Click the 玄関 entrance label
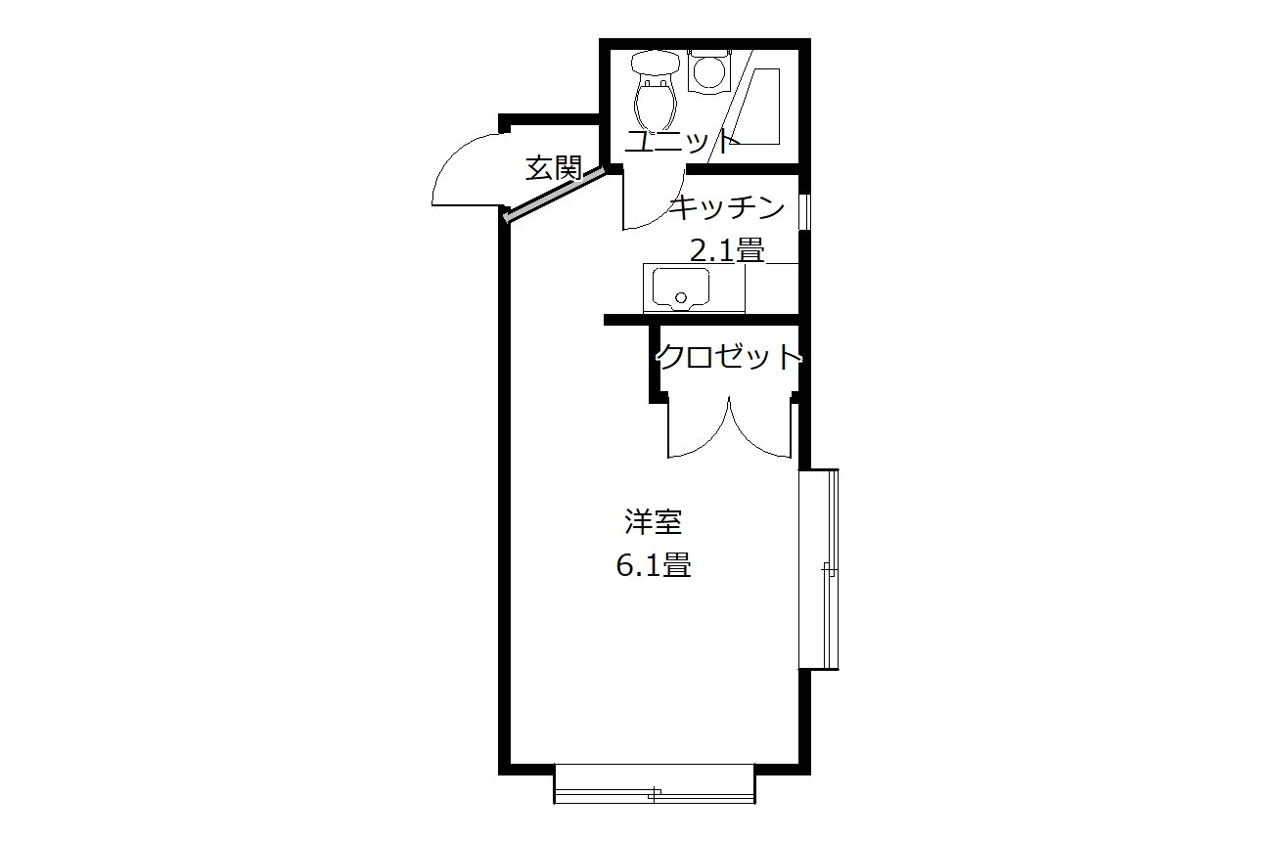pos(554,168)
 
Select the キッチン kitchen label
pos(727,207)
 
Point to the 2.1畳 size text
pos(727,249)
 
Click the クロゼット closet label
pos(729,356)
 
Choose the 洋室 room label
pos(653,522)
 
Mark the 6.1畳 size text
pos(654,565)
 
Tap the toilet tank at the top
pos(656,63)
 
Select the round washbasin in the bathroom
pos(707,71)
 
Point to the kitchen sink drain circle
pos(681,297)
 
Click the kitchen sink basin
pos(681,288)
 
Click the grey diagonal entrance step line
pos(554,195)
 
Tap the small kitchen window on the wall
pos(804,211)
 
